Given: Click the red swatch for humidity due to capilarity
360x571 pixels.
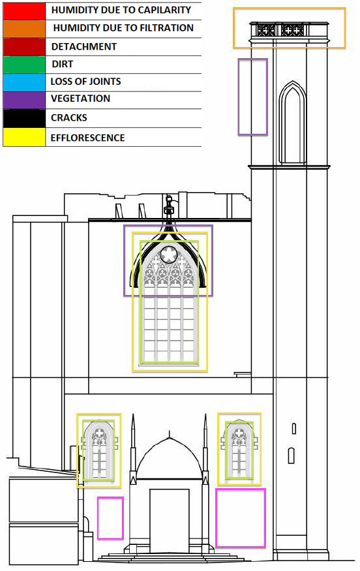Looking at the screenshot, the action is pos(24,11).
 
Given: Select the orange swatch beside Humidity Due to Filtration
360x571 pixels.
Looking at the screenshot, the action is pos(24,29).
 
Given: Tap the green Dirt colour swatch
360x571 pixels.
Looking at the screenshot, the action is pos(24,65).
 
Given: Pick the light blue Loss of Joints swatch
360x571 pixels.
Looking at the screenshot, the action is pos(24,82).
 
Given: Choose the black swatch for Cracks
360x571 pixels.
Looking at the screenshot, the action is pos(24,118).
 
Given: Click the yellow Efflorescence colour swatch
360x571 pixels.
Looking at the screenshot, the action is pos(24,137).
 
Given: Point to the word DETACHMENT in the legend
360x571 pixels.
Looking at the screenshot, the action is pos(84,46).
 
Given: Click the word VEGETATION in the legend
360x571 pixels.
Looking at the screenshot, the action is pos(80,99).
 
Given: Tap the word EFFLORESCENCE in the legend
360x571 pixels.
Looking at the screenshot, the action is pos(88,138).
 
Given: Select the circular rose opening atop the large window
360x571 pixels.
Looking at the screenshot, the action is pos(169,255).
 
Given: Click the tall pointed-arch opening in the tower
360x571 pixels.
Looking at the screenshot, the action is pos(293,123).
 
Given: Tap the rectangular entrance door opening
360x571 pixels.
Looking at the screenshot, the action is pos(170,521).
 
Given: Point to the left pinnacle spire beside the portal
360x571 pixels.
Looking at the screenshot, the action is pos(133,448).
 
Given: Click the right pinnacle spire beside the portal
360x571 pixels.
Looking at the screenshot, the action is pos(205,448).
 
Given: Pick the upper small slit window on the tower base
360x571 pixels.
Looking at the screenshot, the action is pos(293,429).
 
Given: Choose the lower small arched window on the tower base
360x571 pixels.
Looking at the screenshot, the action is pos(292,455).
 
